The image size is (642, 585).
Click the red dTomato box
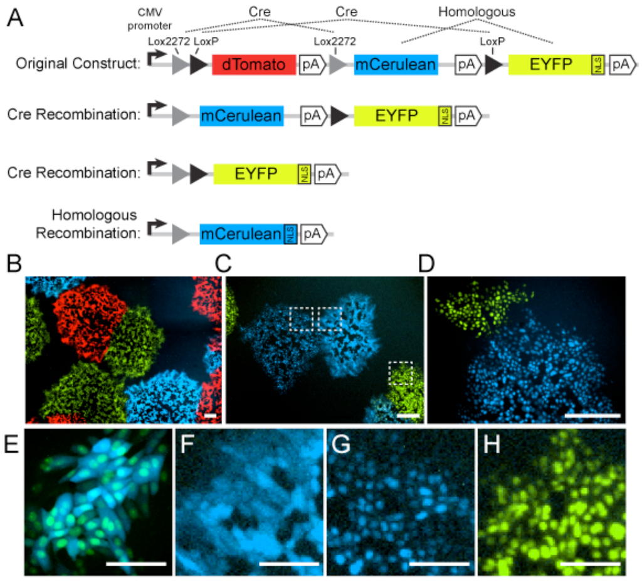[254, 65]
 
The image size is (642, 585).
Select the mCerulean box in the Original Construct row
[395, 65]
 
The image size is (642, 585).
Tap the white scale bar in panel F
[289, 563]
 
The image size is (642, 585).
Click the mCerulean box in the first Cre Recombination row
[241, 116]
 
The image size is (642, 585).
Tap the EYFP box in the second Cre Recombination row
[255, 174]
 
